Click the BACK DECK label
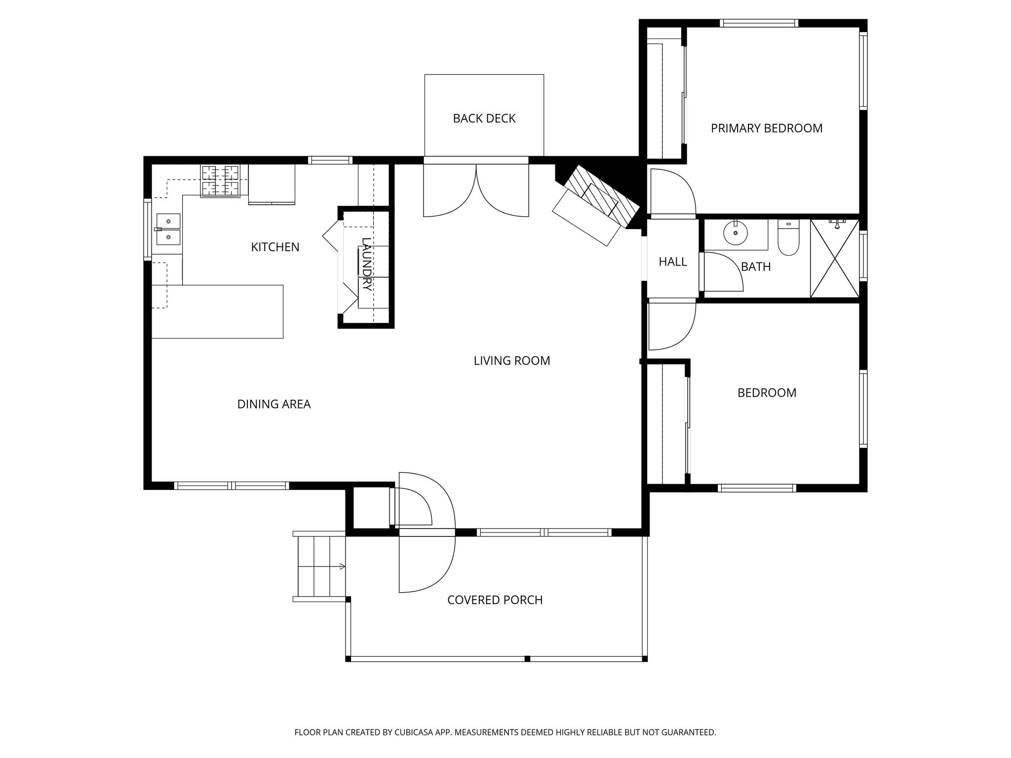point(484,118)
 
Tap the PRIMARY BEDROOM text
point(766,128)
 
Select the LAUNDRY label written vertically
point(366,264)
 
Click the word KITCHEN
point(275,247)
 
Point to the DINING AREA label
point(273,404)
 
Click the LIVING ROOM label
point(511,361)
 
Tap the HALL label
point(672,262)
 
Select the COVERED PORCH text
point(495,600)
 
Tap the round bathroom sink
point(736,232)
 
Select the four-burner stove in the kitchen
point(220,181)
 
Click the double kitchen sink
point(168,229)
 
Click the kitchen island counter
point(217,311)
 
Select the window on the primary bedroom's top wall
point(759,23)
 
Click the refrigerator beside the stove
point(272,184)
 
